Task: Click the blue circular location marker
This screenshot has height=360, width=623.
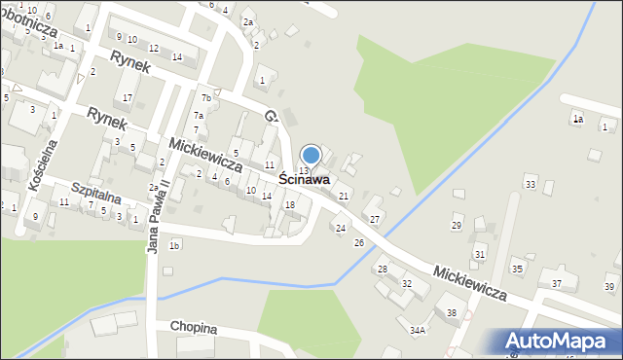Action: coord(311,155)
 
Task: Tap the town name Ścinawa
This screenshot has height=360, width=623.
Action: coord(304,180)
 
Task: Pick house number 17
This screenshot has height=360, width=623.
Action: coord(128,97)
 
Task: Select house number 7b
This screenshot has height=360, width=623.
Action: coord(205,98)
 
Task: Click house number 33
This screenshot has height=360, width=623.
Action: coord(531,184)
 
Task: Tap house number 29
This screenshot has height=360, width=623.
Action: coord(457,225)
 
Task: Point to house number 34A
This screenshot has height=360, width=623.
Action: coord(418,331)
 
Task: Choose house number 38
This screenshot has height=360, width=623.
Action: coord(451,312)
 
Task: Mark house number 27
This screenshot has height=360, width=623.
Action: coord(375,219)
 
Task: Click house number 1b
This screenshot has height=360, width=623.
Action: coord(174,245)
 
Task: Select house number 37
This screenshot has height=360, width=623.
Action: coord(557,283)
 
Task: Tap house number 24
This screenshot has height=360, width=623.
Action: coord(340,228)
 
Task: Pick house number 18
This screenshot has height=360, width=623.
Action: coord(289,204)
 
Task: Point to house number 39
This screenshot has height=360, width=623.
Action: coord(609,286)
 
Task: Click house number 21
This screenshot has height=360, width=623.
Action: coord(343,197)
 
